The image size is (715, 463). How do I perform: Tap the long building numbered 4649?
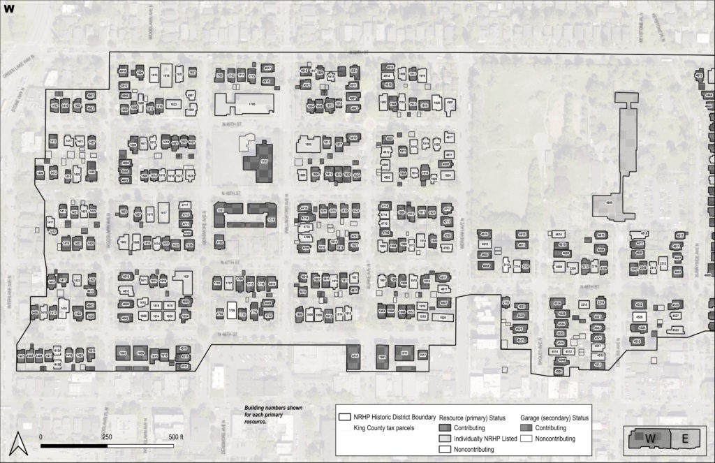tap(610, 203)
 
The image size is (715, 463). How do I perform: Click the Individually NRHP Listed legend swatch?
tap(445, 439)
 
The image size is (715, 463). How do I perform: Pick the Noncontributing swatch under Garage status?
tap(527, 439)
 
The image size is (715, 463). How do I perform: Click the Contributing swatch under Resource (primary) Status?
tap(445, 428)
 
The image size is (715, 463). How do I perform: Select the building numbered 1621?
tap(186, 277)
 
